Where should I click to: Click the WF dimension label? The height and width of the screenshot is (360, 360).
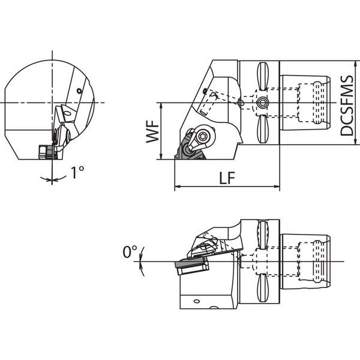tap(152, 131)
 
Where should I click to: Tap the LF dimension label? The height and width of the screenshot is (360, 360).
tap(227, 178)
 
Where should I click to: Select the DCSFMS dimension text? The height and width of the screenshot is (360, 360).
tap(346, 106)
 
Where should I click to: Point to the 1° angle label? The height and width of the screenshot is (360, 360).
tap(77, 172)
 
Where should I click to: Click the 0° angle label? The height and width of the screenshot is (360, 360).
tap(130, 251)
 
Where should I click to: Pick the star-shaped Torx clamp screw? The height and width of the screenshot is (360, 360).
tap(203, 137)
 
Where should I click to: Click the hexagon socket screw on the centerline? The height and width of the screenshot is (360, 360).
tap(262, 103)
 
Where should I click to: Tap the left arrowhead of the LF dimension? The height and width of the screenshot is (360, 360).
tap(178, 187)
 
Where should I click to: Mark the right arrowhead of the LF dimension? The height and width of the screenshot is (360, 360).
tap(277, 187)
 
